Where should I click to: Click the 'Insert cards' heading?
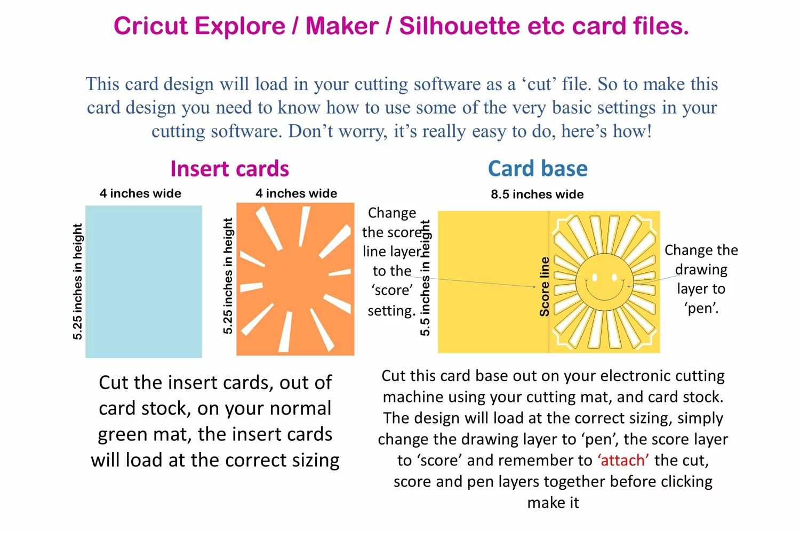click(230, 168)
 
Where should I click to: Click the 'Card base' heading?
click(538, 168)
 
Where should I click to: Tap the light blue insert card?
click(143, 281)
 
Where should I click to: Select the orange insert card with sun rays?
click(295, 279)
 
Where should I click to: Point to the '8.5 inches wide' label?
click(537, 194)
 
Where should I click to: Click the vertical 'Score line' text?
click(545, 287)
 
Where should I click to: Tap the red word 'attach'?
click(623, 460)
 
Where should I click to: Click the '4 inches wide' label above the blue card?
click(140, 193)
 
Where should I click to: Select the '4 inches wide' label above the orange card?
click(296, 193)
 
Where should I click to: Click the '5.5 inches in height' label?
click(425, 278)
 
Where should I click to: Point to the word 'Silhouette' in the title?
click(459, 26)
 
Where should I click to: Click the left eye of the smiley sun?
click(595, 277)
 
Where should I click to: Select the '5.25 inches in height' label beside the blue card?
click(77, 281)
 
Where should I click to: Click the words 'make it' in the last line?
click(553, 503)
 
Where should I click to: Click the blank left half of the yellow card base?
click(493, 282)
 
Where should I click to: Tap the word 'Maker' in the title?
click(342, 26)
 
